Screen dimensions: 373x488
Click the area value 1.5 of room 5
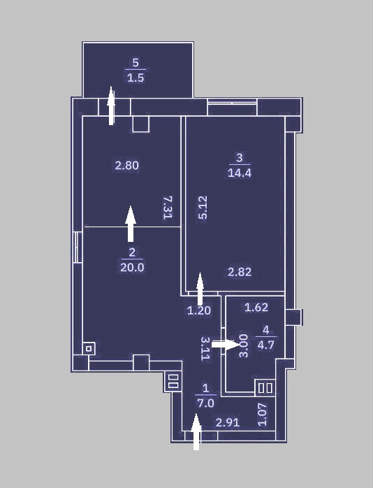(136, 78)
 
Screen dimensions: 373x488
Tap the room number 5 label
(136, 63)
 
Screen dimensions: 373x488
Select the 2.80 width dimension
(127, 165)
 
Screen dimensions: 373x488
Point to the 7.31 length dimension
(168, 208)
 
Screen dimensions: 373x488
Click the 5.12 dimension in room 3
(203, 208)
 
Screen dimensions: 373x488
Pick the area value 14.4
(240, 173)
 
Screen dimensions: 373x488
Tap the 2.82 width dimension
(240, 272)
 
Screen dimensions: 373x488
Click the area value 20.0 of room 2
(132, 267)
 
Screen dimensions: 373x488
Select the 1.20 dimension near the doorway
(199, 310)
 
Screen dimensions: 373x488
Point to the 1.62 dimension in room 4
(256, 308)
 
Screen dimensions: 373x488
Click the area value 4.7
(265, 345)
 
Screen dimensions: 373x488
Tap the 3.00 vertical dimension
(244, 346)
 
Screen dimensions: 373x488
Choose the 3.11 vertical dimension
(205, 349)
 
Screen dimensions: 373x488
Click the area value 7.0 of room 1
(206, 403)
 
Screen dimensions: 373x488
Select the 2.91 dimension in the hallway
(228, 423)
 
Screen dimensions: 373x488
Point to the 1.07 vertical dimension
(263, 415)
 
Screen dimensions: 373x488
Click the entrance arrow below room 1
(196, 432)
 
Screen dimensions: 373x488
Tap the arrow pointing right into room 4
(225, 344)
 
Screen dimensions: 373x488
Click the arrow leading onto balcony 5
(111, 106)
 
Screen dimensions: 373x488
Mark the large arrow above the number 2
(131, 224)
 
